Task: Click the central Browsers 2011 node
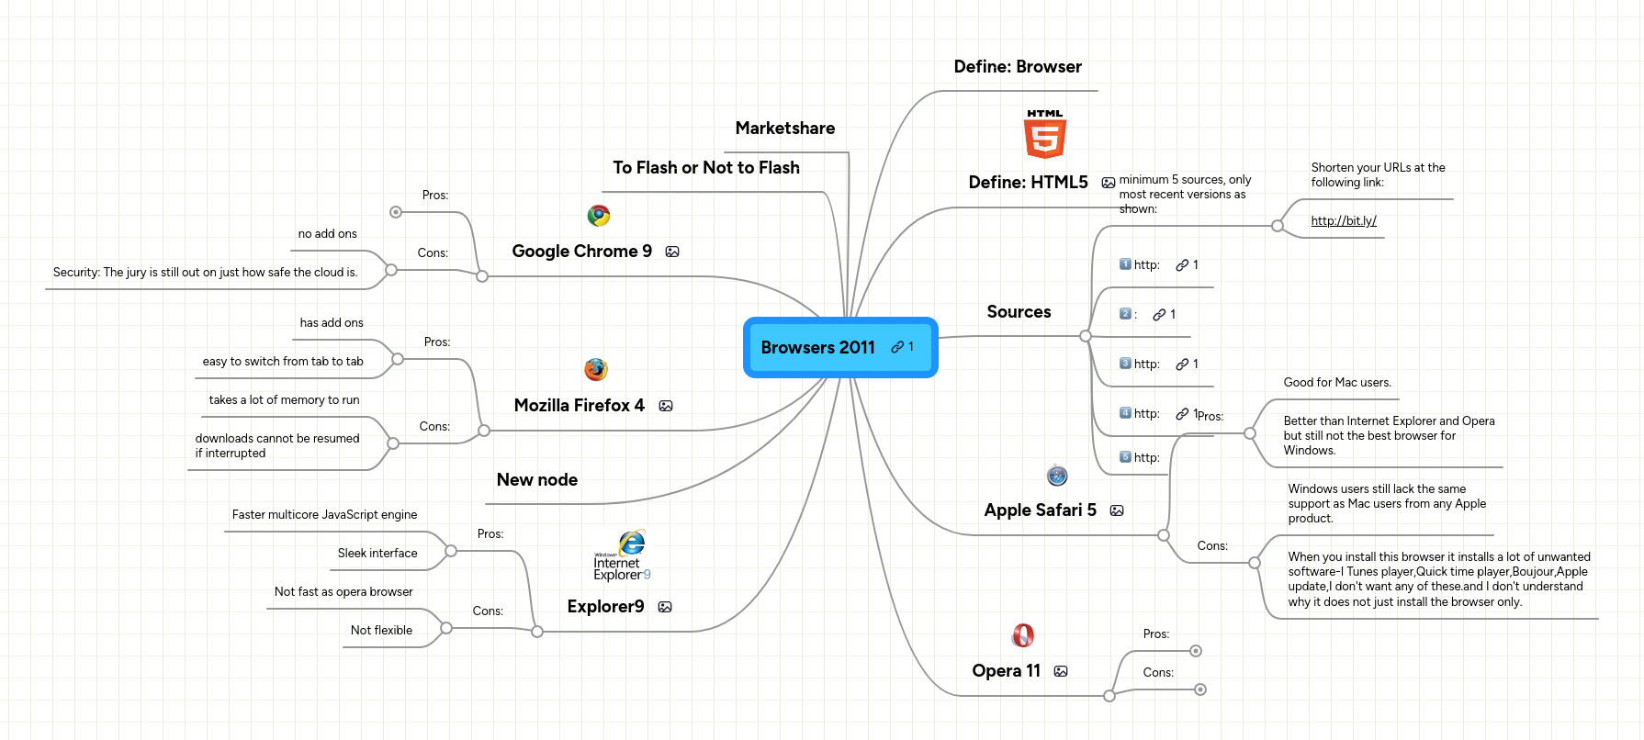(x=818, y=347)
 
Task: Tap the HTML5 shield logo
(x=1044, y=134)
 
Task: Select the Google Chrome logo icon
(x=599, y=216)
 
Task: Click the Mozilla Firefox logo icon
(x=596, y=370)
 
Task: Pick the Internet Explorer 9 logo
(x=623, y=555)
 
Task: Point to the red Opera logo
(x=1023, y=635)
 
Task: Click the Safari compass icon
(x=1057, y=476)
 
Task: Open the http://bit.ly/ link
(x=1343, y=220)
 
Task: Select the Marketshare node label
(x=784, y=129)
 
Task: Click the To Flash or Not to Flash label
(x=705, y=168)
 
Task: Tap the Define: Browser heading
(x=1017, y=67)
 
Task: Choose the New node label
(x=536, y=480)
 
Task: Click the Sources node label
(x=1019, y=312)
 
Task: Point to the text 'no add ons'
(x=327, y=234)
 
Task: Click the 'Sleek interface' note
(x=377, y=554)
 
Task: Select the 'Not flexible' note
(x=381, y=631)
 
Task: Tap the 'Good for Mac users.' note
(x=1336, y=383)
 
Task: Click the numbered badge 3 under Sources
(x=1125, y=364)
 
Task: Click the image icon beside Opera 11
(x=1061, y=671)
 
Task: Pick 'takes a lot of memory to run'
(x=284, y=400)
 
